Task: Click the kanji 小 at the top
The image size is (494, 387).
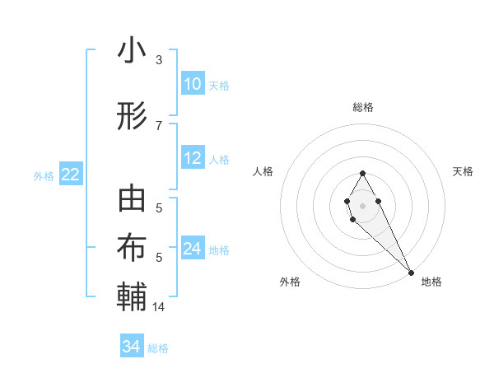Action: pyautogui.click(x=132, y=51)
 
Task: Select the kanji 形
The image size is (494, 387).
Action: pyautogui.click(x=132, y=116)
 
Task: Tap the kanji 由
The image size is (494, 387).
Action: pyautogui.click(x=132, y=200)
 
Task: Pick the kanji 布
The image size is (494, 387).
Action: pyautogui.click(x=132, y=248)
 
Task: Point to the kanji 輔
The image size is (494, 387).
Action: pyautogui.click(x=132, y=296)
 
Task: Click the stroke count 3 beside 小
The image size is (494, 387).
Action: pyautogui.click(x=159, y=60)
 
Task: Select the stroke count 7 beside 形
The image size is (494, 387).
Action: pyautogui.click(x=159, y=125)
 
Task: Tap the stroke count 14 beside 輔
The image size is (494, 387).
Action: pyautogui.click(x=159, y=307)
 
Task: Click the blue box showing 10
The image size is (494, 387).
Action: pyautogui.click(x=192, y=84)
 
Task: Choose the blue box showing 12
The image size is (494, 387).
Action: pyautogui.click(x=192, y=158)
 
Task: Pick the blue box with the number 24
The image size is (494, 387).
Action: pyautogui.click(x=192, y=249)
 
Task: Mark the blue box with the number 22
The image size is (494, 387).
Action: pyautogui.click(x=70, y=175)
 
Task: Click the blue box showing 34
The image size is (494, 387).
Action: pyautogui.click(x=131, y=347)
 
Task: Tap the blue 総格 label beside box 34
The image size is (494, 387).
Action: pyautogui.click(x=158, y=348)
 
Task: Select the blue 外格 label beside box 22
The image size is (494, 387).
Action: pyautogui.click(x=44, y=175)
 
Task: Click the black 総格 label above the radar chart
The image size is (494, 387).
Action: pyautogui.click(x=363, y=107)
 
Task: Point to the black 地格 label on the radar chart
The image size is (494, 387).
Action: pyautogui.click(x=431, y=282)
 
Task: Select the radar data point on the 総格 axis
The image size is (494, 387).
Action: pyautogui.click(x=362, y=173)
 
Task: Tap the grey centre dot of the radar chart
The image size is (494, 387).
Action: pyautogui.click(x=362, y=204)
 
